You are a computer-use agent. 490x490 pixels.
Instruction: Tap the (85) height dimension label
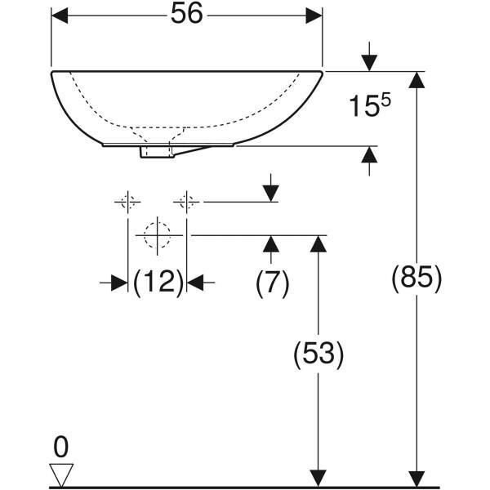pyautogui.click(x=417, y=278)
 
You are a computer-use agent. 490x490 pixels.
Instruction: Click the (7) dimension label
pyautogui.click(x=272, y=283)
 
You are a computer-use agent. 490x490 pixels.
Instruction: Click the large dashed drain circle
pyautogui.click(x=157, y=234)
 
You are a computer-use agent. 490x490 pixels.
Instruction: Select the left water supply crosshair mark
pyautogui.click(x=127, y=201)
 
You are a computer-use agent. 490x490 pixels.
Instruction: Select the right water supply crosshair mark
pyautogui.click(x=187, y=201)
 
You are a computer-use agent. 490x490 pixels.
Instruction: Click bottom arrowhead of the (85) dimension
pyautogui.click(x=417, y=479)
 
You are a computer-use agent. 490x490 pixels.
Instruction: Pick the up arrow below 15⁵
pyautogui.click(x=369, y=156)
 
